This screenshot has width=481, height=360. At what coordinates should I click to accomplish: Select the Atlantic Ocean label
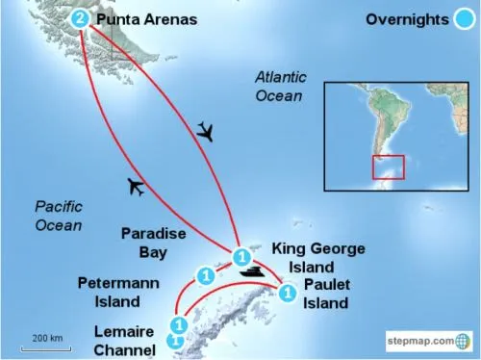[279, 86]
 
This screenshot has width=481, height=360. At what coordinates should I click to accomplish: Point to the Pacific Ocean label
[58, 216]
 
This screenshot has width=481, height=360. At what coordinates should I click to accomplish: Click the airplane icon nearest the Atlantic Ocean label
[206, 131]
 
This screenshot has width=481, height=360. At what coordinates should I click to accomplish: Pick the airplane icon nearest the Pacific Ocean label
[136, 187]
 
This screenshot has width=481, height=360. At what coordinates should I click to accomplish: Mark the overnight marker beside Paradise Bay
[204, 275]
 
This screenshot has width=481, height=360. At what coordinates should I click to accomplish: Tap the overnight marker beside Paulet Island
[286, 294]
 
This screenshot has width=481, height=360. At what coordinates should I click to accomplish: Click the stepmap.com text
[418, 341]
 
